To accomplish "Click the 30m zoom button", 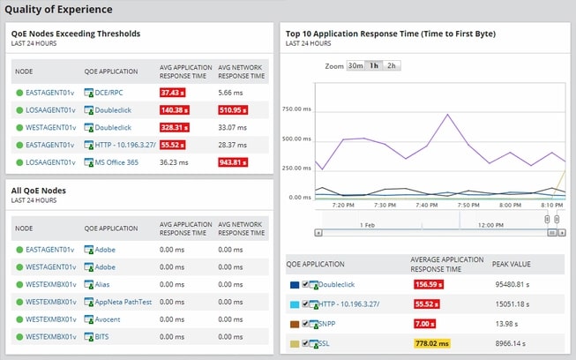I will coord(355,65).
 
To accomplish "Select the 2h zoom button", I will coord(392,65).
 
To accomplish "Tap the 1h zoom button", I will coord(374,65).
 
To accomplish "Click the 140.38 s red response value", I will coord(175,109).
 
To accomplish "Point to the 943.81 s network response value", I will coord(234,162).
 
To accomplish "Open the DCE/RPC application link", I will coord(108,92).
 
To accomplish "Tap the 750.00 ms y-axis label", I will coord(298,109).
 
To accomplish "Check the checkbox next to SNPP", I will coord(305,324).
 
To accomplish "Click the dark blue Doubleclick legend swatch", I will coord(294,285).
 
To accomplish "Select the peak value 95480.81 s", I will coord(516,285).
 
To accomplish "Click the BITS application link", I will coord(104,337).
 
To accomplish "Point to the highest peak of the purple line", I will coord(448,115).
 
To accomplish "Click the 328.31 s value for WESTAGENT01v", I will coord(175,127).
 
